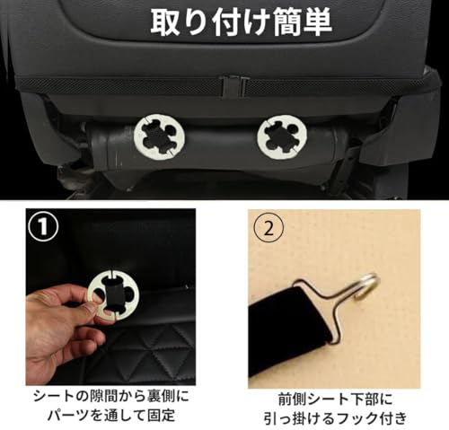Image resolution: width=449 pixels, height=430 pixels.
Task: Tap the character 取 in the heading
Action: click(164, 22)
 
